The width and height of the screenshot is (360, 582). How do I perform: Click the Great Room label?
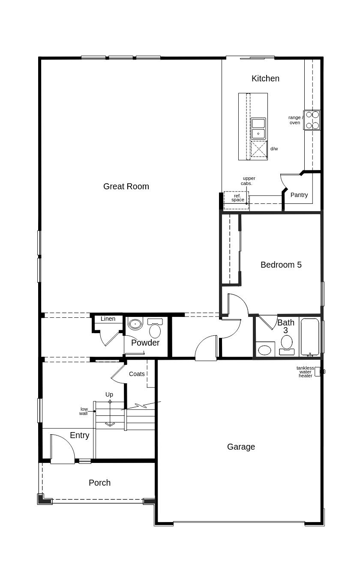pyautogui.click(x=126, y=186)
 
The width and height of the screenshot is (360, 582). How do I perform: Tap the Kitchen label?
pyautogui.click(x=265, y=78)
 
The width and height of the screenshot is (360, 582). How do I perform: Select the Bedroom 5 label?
pyautogui.click(x=281, y=265)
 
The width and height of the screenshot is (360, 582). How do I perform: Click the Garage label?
pyautogui.click(x=241, y=447)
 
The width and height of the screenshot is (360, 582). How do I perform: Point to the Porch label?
pyautogui.click(x=99, y=483)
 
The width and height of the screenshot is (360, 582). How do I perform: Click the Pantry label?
pyautogui.click(x=299, y=195)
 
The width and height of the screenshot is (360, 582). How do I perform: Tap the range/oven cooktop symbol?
pyautogui.click(x=312, y=120)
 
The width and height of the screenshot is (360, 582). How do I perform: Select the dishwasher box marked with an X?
pyautogui.click(x=258, y=149)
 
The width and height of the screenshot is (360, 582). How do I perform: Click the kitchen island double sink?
pyautogui.click(x=258, y=128)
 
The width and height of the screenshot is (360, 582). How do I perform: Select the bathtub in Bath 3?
pyautogui.click(x=310, y=337)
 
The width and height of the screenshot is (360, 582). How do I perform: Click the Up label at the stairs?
pyautogui.click(x=109, y=394)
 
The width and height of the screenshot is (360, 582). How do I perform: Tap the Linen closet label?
pyautogui.click(x=108, y=319)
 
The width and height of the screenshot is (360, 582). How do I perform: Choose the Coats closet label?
pyautogui.click(x=137, y=374)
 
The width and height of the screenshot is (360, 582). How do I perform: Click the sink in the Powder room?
pyautogui.click(x=135, y=324)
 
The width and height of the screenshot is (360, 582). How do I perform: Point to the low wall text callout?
pyautogui.click(x=84, y=411)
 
